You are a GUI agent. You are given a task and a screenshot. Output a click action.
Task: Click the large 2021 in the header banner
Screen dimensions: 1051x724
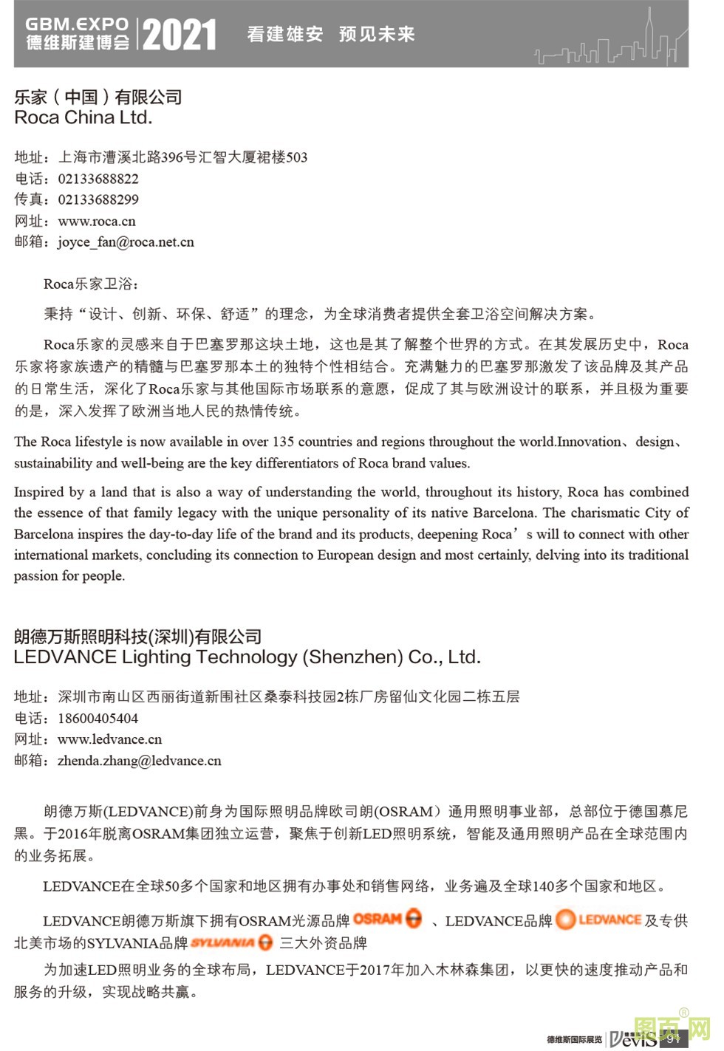point(180,35)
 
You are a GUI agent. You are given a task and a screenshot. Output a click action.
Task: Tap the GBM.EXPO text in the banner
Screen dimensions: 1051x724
point(77,24)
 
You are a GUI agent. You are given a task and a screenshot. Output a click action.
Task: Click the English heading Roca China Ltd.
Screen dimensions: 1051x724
point(83,117)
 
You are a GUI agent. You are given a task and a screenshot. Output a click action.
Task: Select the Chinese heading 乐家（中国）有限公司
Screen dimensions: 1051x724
point(98,97)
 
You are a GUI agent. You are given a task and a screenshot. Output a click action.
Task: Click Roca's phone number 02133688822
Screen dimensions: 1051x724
point(98,179)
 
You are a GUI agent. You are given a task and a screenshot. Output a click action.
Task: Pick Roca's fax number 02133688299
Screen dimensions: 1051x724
point(98,199)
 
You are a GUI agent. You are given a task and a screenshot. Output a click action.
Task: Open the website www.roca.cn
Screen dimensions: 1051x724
point(97,221)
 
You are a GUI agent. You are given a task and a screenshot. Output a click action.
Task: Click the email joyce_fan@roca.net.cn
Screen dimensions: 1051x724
point(126,242)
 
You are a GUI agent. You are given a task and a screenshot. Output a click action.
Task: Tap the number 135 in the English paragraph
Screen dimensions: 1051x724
point(284,442)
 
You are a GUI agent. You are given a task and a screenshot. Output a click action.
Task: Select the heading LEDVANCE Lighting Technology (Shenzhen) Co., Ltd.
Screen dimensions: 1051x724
point(247,657)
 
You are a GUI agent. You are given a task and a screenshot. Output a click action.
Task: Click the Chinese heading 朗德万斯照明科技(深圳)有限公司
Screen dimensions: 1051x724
point(138,637)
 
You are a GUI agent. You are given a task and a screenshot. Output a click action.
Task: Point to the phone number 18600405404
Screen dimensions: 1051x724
point(98,718)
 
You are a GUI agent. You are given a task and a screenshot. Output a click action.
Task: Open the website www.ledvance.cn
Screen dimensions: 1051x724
point(109,739)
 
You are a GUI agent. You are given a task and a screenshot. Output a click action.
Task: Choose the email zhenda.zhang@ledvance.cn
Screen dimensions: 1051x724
point(140,761)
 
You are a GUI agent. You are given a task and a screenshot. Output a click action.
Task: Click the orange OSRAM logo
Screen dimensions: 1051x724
point(387,919)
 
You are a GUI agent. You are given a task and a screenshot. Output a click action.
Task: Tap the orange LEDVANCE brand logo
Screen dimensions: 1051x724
point(598,920)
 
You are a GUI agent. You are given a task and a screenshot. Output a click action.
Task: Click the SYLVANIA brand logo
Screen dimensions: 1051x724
point(231,942)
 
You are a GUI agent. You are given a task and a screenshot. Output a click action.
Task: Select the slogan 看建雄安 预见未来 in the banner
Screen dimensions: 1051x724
point(331,34)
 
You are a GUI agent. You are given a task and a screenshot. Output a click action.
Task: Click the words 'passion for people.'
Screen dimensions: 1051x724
point(69,575)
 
